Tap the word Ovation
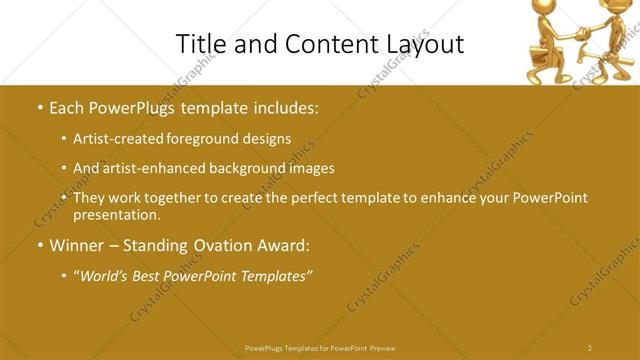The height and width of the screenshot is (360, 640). tap(221, 245)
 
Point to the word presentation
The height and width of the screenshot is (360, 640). tap(116, 214)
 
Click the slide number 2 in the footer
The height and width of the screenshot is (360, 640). tap(590, 348)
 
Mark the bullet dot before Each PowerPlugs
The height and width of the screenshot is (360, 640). tap(39, 106)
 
